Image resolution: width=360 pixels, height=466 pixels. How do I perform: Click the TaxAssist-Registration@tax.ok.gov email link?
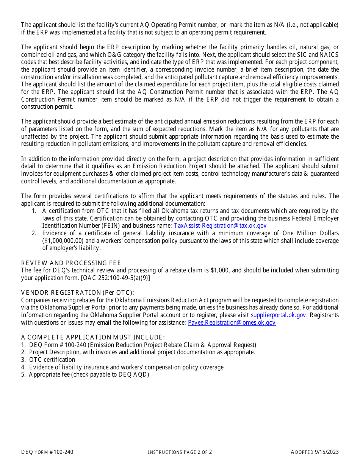220,226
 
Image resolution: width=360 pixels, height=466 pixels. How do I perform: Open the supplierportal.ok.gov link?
278,315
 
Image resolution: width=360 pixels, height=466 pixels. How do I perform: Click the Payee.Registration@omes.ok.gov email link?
232,323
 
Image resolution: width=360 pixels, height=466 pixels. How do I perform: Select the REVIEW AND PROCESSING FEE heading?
71,263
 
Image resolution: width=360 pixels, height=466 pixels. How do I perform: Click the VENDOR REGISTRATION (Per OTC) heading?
77,292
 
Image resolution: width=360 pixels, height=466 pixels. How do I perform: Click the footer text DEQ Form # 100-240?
47,452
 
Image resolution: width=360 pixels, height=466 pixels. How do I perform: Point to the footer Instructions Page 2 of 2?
180,452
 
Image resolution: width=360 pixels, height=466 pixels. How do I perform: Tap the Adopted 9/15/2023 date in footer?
315,452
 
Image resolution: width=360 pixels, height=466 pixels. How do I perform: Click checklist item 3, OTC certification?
52,360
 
